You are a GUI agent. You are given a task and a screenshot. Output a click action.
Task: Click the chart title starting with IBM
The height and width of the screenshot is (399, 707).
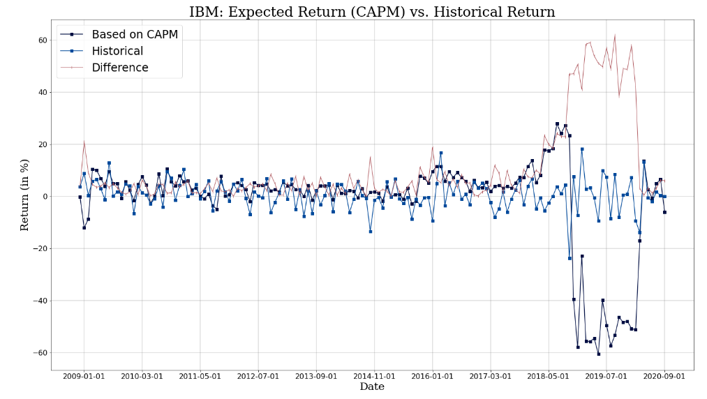pos(372,12)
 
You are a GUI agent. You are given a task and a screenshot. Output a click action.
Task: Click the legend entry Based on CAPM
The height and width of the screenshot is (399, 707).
pos(134,34)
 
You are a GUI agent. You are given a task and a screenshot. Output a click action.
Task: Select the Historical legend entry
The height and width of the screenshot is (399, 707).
pos(117,51)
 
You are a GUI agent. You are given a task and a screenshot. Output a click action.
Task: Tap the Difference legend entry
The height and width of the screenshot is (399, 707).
pos(120,68)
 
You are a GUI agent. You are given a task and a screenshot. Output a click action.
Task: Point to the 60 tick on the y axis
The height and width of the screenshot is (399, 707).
pos(42,40)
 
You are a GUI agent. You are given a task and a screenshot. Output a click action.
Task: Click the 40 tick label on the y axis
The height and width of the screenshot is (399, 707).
pos(42,93)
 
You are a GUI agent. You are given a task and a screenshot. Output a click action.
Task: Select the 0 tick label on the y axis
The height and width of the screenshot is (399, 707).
pos(45,197)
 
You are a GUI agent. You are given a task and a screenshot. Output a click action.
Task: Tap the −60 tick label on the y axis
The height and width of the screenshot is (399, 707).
pos(39,353)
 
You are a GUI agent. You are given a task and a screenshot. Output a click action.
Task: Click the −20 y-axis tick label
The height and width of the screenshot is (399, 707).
pos(39,249)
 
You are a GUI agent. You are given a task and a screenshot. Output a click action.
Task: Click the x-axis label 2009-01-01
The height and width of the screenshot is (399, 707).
pos(84,376)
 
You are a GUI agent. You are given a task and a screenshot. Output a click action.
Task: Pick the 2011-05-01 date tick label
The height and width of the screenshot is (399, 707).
pos(200,376)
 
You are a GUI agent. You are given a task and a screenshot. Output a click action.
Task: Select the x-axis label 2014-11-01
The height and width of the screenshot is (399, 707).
pos(374,376)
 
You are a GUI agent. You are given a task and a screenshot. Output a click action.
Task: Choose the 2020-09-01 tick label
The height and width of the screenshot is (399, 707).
pos(664,376)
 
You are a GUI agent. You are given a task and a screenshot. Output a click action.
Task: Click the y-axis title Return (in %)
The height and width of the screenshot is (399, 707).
pos(25,195)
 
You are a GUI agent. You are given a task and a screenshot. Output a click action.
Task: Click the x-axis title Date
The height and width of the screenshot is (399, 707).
pos(372,387)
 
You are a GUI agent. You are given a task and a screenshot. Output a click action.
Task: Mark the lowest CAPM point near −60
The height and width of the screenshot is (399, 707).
pos(598,354)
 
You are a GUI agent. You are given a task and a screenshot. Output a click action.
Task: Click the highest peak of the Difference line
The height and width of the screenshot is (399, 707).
pos(615,35)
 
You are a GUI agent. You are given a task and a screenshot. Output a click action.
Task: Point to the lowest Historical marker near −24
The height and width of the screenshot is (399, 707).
pos(570,258)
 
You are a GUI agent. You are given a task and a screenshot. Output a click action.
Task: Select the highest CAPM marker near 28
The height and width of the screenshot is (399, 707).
pos(557,123)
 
